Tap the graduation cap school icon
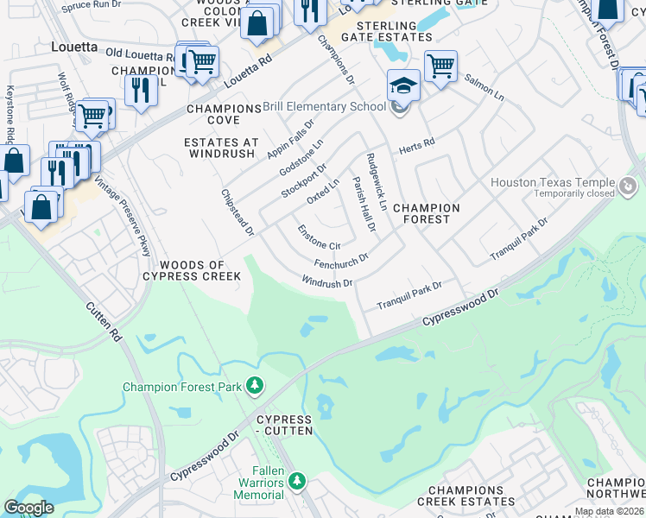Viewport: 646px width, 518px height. tap(403, 85)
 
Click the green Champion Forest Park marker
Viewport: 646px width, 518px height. tap(255, 385)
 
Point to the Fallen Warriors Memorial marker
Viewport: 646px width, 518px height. tap(298, 480)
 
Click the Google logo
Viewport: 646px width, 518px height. tap(28, 508)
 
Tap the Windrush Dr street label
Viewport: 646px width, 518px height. tap(327, 282)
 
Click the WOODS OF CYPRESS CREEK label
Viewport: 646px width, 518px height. tap(194, 270)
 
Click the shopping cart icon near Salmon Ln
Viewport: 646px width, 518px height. tap(440, 65)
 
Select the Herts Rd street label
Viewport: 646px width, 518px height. tap(416, 148)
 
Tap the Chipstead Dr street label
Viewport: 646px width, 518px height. tap(237, 213)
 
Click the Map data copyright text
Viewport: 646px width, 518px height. tap(609, 511)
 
